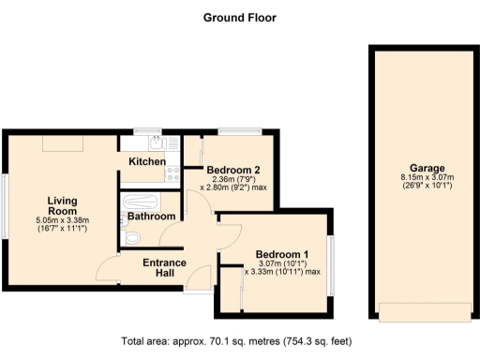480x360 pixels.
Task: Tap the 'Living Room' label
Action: (x=63, y=205)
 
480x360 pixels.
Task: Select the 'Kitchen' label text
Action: (x=147, y=162)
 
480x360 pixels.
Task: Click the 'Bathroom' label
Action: (x=151, y=217)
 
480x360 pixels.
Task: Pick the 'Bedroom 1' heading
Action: (x=282, y=254)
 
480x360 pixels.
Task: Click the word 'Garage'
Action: (x=420, y=168)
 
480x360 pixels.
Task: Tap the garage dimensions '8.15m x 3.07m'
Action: (x=420, y=178)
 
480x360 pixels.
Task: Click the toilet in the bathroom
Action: (x=131, y=239)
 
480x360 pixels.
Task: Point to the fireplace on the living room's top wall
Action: (x=61, y=142)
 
